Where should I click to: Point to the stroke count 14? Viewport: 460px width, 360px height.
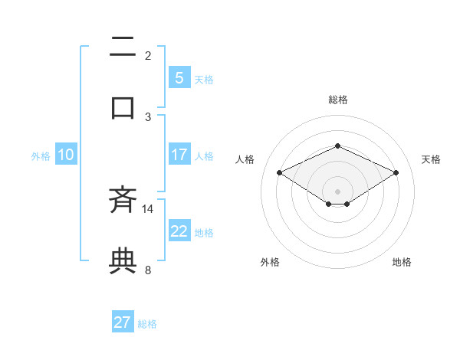148,208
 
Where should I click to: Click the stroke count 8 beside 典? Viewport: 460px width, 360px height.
148,270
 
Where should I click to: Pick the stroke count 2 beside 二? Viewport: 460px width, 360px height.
148,56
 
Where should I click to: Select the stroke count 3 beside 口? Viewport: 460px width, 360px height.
148,116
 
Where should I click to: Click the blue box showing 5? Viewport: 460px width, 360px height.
179,78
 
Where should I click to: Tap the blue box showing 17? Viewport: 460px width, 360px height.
179,155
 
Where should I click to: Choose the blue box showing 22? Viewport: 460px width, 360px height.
179,231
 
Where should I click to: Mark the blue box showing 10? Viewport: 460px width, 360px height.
66,155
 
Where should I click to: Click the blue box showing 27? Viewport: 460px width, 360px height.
123,322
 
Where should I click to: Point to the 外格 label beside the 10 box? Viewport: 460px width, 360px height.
41,156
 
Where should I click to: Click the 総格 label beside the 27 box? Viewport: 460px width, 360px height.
147,324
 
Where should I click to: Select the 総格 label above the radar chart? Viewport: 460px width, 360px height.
337,100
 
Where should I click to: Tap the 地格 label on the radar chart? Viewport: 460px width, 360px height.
402,262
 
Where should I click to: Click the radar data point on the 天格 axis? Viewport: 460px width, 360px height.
396,172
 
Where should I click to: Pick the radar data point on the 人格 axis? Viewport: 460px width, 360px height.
279,172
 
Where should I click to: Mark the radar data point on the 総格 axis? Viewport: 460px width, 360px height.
337,146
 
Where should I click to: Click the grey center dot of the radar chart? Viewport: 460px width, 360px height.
337,191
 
